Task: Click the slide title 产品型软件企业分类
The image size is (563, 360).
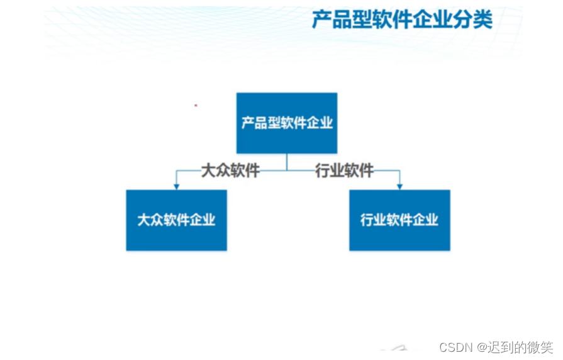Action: click(403, 20)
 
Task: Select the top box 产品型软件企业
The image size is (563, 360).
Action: click(286, 123)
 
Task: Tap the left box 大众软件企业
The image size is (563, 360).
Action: click(176, 220)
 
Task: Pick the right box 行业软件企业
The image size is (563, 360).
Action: click(399, 220)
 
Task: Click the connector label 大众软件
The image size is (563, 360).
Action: click(230, 171)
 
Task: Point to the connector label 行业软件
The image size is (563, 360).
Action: click(344, 171)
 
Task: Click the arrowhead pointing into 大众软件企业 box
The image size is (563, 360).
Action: click(176, 186)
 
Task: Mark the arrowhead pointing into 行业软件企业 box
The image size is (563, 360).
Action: click(399, 186)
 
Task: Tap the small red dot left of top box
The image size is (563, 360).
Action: click(196, 105)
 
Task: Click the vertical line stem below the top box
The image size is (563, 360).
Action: click(287, 162)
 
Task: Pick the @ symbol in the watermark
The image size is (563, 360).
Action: click(482, 347)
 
